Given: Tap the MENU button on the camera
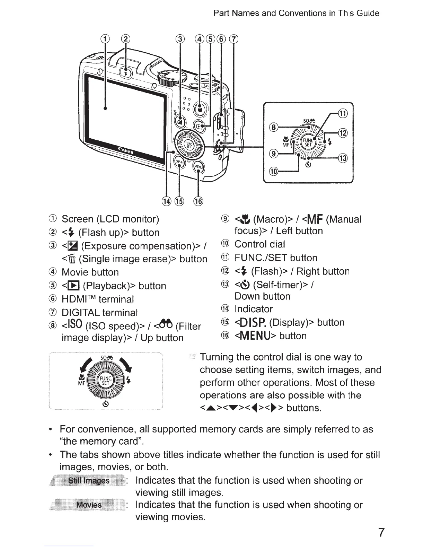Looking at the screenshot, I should click(198, 166).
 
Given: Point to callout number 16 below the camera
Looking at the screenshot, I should click(198, 201).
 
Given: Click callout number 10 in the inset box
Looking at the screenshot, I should click(274, 171).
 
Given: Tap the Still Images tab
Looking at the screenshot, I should click(89, 480).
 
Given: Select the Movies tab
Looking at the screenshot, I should click(89, 505).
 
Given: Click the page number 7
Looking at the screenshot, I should click(381, 532).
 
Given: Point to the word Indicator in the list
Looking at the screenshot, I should click(254, 309).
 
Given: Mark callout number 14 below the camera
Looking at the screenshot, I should click(167, 201).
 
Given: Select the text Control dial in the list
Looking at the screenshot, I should click(260, 244).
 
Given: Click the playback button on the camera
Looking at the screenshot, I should click(199, 126).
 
